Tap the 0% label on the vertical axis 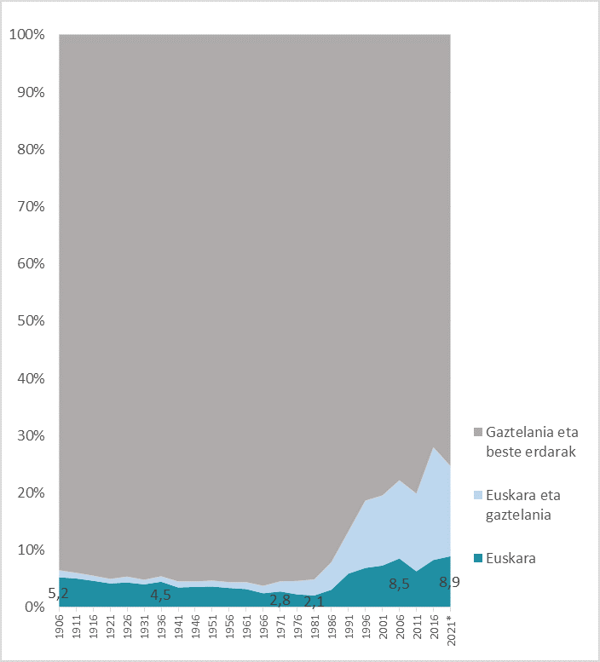tap(33, 607)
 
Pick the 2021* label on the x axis tap(453, 630)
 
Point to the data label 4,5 tap(160, 594)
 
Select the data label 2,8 tap(280, 600)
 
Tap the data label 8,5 tap(400, 584)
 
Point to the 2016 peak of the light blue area tap(433, 447)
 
